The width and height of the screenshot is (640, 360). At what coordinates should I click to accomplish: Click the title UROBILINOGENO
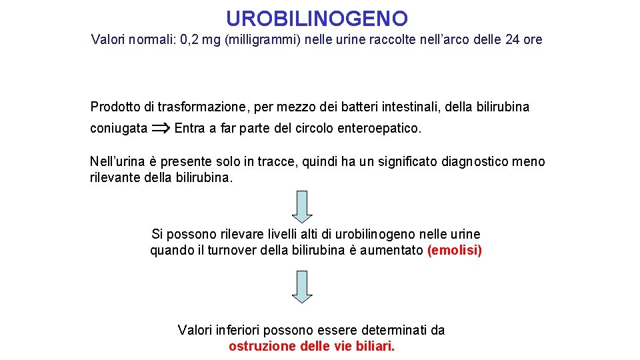(x=317, y=18)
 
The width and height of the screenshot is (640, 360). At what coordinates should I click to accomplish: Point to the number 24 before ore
(x=513, y=40)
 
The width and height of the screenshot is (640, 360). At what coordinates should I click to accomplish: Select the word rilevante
(x=115, y=178)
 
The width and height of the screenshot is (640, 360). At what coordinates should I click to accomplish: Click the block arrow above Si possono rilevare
(x=303, y=206)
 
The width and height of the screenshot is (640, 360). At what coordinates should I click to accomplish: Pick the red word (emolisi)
(x=454, y=251)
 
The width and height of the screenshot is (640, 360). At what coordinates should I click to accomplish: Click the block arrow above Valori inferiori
(x=303, y=287)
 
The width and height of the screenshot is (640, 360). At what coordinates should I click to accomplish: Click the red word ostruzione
(x=261, y=347)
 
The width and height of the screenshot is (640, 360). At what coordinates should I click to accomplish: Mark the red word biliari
(x=375, y=347)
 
